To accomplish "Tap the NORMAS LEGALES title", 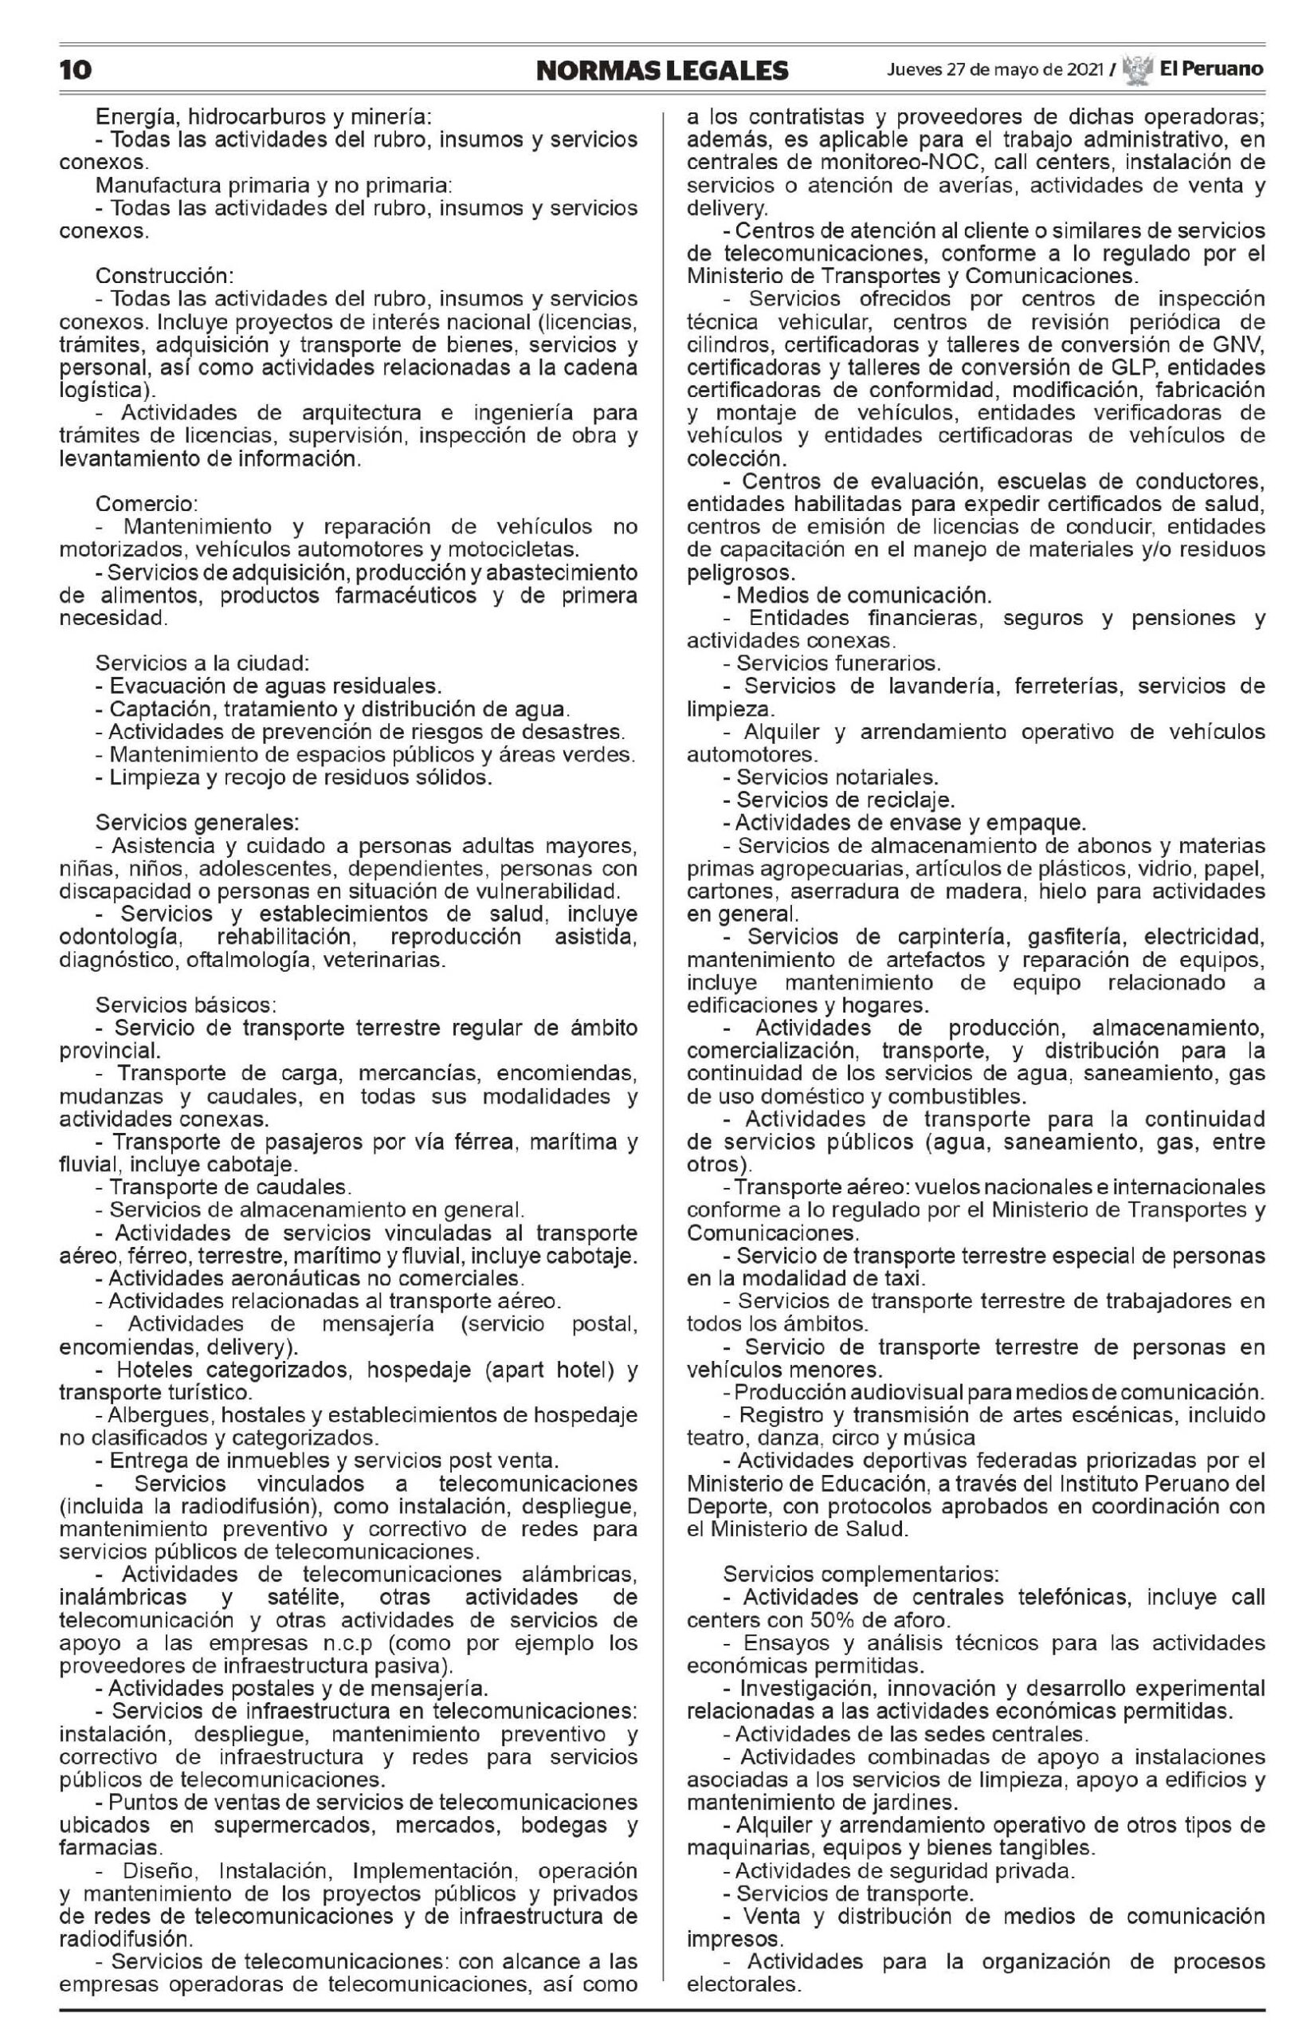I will pyautogui.click(x=661, y=69).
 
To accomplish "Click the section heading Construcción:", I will pyautogui.click(x=164, y=277).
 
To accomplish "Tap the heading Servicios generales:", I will pyautogui.click(x=196, y=823).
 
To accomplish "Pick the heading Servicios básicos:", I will pyautogui.click(x=186, y=1005).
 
